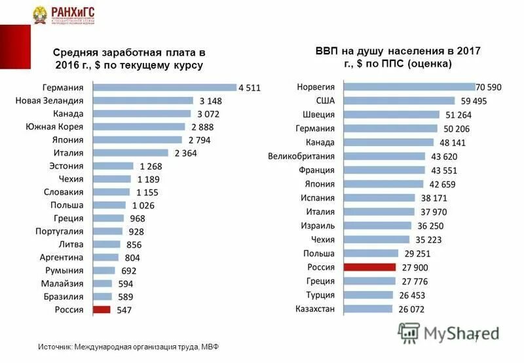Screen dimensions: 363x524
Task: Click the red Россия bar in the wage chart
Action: tap(102, 310)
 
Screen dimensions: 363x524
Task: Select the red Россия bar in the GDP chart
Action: tap(369, 267)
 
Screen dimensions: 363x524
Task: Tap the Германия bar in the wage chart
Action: tap(164, 87)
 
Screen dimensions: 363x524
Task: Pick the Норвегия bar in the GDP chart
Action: tap(408, 86)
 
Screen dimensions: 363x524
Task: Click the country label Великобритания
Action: tap(302, 157)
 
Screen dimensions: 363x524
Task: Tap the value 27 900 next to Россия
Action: tap(413, 268)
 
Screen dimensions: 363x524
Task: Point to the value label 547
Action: tap(123, 311)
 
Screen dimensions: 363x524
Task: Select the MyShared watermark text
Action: tap(461, 333)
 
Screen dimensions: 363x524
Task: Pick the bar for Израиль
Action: tap(378, 225)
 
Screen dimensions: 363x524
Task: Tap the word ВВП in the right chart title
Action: tap(326, 51)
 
